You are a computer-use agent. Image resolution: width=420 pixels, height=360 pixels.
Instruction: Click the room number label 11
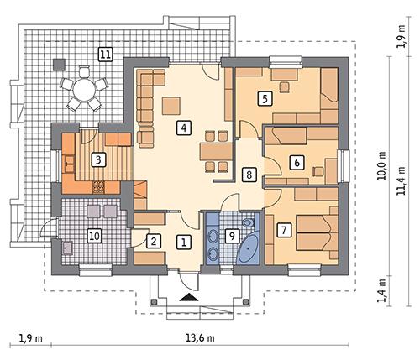(x=105, y=55)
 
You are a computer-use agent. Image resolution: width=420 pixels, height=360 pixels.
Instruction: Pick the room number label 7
(x=285, y=229)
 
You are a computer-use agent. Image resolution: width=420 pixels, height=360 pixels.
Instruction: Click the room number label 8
(x=248, y=175)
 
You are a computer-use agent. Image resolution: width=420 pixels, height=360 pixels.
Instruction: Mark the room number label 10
(x=95, y=237)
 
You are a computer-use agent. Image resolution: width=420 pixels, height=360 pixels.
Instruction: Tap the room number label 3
(x=99, y=159)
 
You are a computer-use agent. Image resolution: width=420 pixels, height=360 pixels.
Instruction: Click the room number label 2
(x=154, y=242)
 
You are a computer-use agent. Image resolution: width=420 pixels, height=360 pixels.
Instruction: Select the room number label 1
(x=182, y=242)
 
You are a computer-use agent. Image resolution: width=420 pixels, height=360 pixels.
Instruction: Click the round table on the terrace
(x=82, y=89)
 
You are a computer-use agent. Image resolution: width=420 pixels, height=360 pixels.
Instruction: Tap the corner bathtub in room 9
(x=249, y=250)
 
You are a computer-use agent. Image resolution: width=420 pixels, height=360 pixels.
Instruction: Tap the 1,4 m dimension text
(x=382, y=290)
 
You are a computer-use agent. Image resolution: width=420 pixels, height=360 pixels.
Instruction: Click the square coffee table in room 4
(x=172, y=104)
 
